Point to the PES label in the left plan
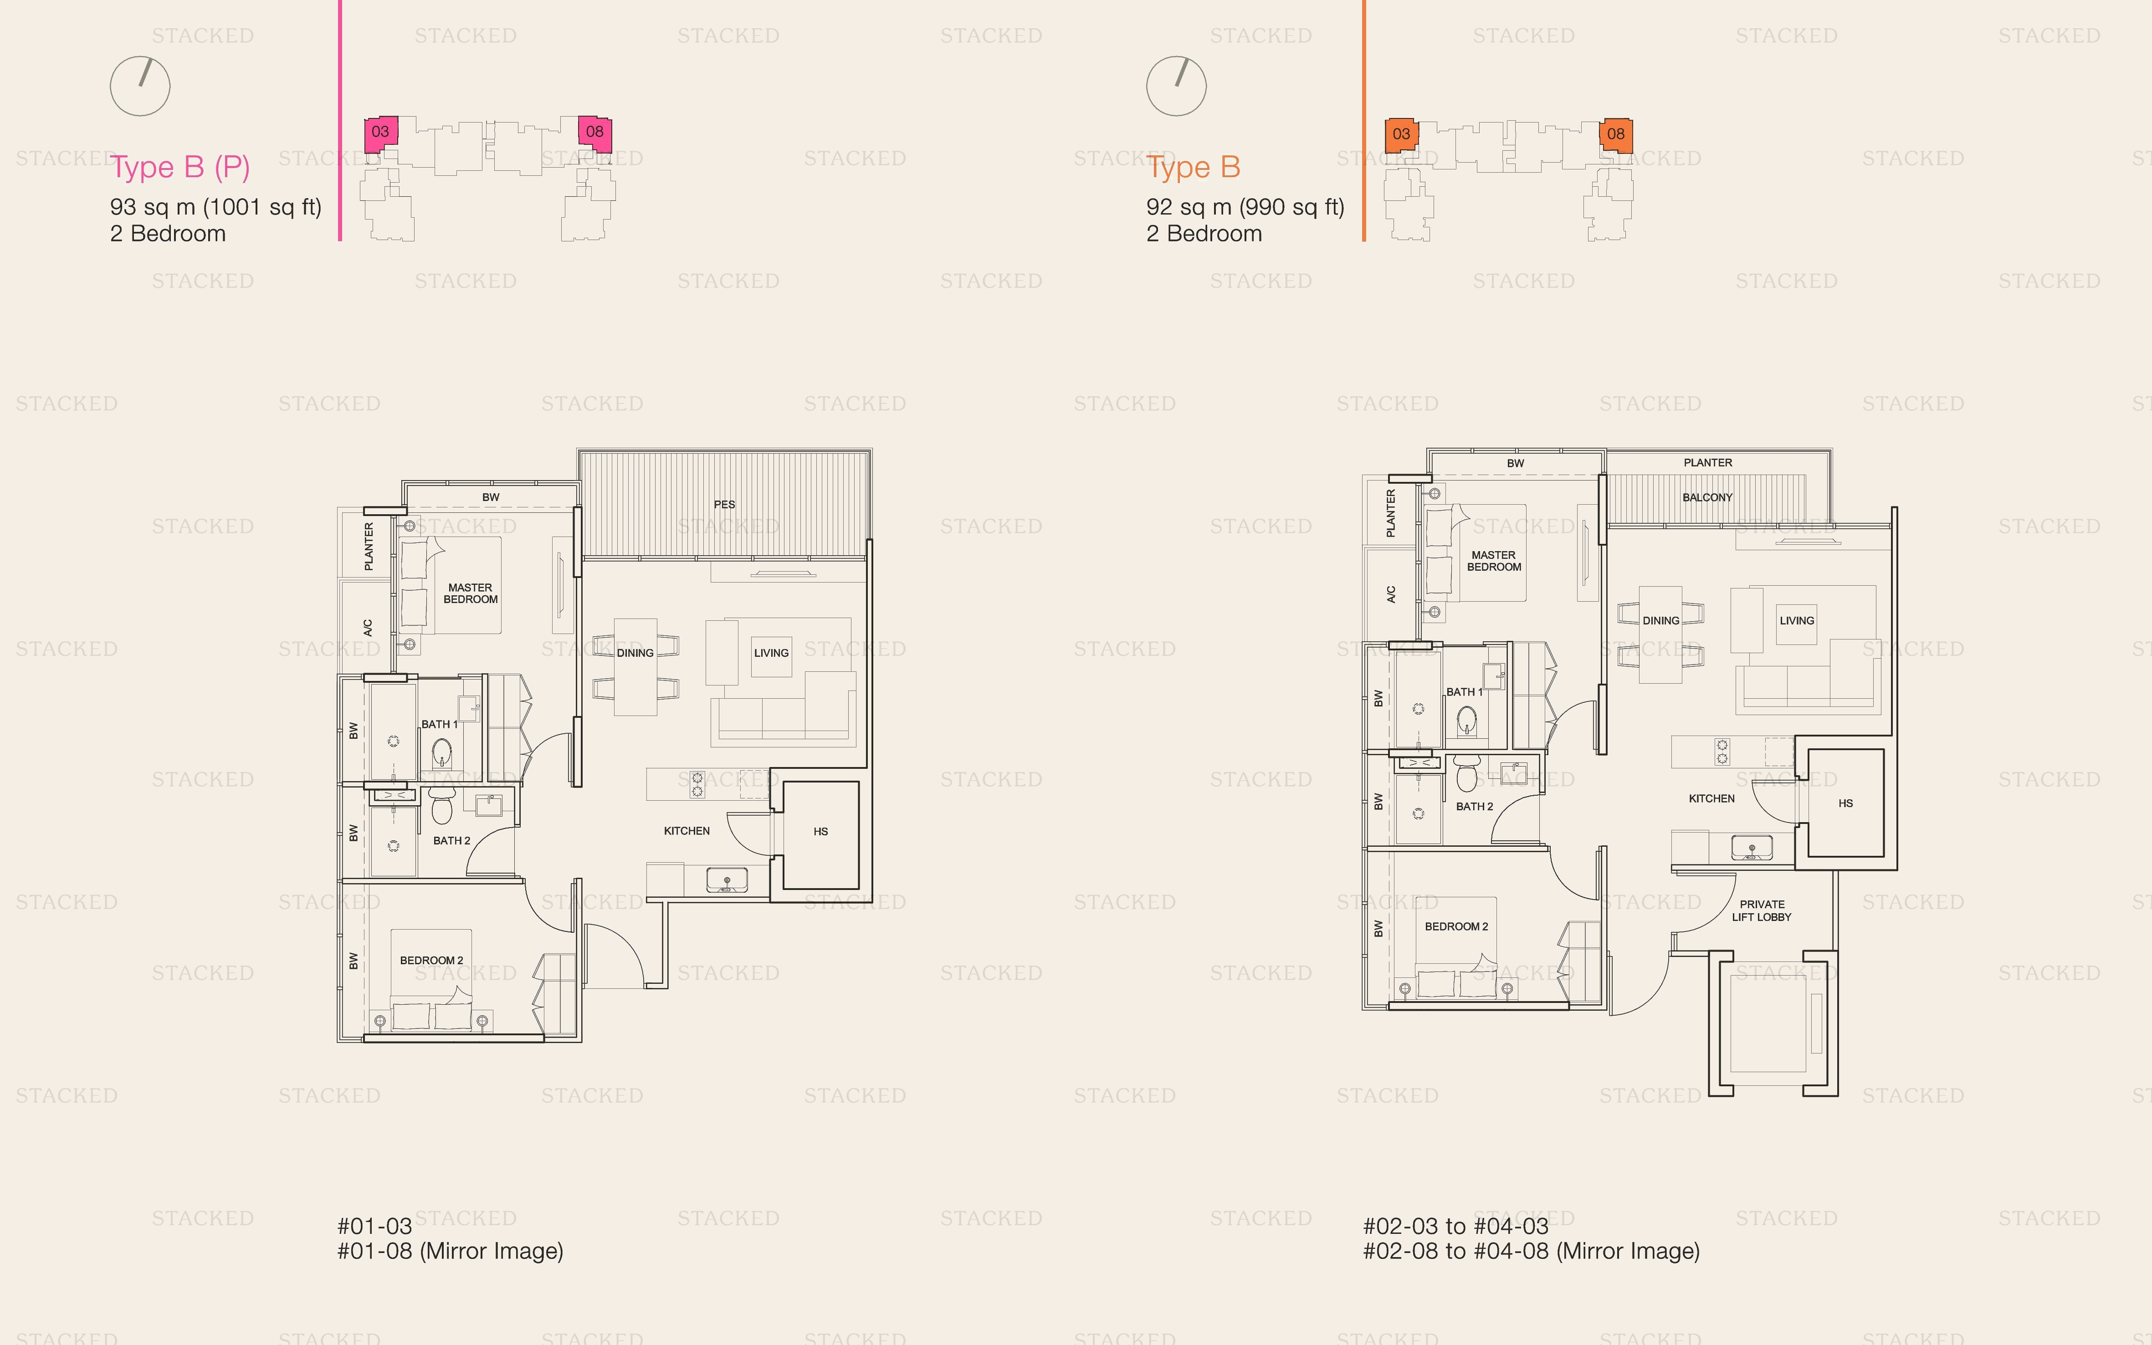724,504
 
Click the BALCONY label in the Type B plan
1706,497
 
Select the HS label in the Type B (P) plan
820,832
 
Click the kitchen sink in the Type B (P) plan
727,880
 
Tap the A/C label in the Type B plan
1390,594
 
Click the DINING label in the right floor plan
1660,621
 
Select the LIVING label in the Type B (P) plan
770,653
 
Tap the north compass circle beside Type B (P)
140,86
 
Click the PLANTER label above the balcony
1707,463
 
